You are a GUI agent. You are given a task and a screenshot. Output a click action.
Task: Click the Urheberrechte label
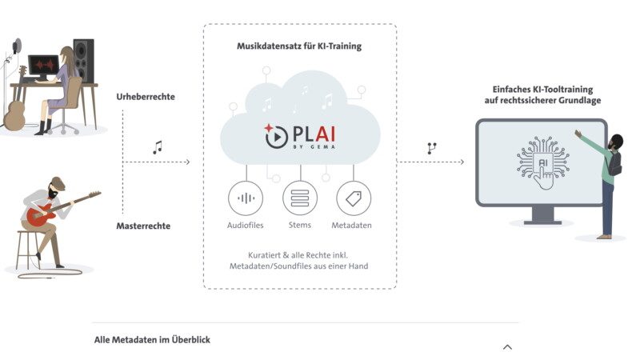click(146, 97)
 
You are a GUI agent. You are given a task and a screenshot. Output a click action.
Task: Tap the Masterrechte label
click(143, 226)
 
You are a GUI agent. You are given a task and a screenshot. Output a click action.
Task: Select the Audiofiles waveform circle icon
click(246, 198)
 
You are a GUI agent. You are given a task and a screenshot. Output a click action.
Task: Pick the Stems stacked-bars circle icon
click(300, 198)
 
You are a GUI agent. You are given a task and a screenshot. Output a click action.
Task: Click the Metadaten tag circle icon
click(354, 198)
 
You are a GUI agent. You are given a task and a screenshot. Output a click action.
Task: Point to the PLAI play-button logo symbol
click(275, 135)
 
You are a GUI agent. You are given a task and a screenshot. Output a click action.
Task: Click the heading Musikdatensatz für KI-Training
click(299, 46)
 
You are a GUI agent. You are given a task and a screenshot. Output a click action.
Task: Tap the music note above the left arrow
click(158, 147)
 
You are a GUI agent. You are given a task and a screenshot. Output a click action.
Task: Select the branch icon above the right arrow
click(432, 148)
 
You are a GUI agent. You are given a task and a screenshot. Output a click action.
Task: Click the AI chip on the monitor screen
click(543, 162)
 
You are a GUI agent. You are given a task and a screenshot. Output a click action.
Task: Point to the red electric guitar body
click(38, 214)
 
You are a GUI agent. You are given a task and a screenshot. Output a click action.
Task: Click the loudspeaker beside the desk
click(83, 61)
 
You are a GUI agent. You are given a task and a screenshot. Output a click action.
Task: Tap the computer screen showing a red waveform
click(43, 66)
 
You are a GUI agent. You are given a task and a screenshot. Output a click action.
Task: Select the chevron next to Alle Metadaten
click(507, 347)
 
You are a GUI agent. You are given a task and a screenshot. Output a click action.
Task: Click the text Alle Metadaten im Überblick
click(152, 339)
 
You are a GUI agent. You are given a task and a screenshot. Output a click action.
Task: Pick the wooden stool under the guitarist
click(28, 250)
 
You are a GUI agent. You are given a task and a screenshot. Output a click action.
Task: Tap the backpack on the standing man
click(614, 163)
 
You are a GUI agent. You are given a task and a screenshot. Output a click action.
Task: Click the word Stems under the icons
click(299, 225)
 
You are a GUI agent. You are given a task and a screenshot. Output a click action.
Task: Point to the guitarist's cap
click(58, 184)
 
